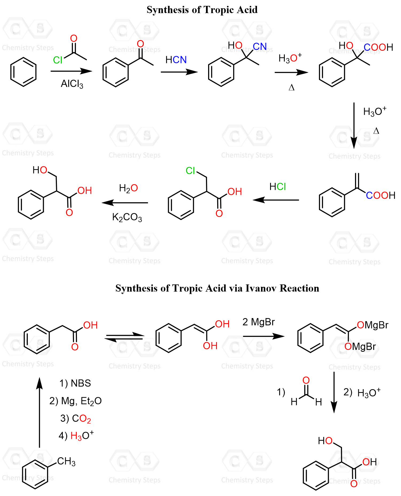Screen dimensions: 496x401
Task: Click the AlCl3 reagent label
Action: pyautogui.click(x=72, y=84)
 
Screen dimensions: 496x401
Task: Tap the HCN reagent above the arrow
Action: pyautogui.click(x=176, y=60)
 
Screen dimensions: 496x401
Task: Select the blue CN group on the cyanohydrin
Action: pyautogui.click(x=260, y=47)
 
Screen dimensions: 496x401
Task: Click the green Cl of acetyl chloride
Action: pyautogui.click(x=58, y=60)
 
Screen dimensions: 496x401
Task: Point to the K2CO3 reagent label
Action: pyautogui.click(x=127, y=217)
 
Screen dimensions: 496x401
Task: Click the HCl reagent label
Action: pyautogui.click(x=278, y=187)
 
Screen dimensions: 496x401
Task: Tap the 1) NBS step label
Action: pyautogui.click(x=75, y=383)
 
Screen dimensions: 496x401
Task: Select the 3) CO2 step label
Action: pyautogui.click(x=76, y=419)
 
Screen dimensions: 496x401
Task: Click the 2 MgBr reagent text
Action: pyautogui.click(x=258, y=322)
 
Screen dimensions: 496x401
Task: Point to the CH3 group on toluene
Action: pyautogui.click(x=66, y=462)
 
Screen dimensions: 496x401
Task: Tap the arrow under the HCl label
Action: pyautogui.click(x=276, y=200)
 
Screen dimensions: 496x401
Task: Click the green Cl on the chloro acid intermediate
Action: pyautogui.click(x=190, y=171)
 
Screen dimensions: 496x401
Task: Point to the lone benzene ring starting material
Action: pyautogui.click(x=24, y=72)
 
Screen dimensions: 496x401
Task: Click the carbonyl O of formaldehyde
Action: pyautogui.click(x=306, y=380)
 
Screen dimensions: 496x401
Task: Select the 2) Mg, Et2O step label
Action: pyautogui.click(x=75, y=401)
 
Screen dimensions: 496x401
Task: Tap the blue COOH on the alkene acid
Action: pyautogui.click(x=380, y=196)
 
